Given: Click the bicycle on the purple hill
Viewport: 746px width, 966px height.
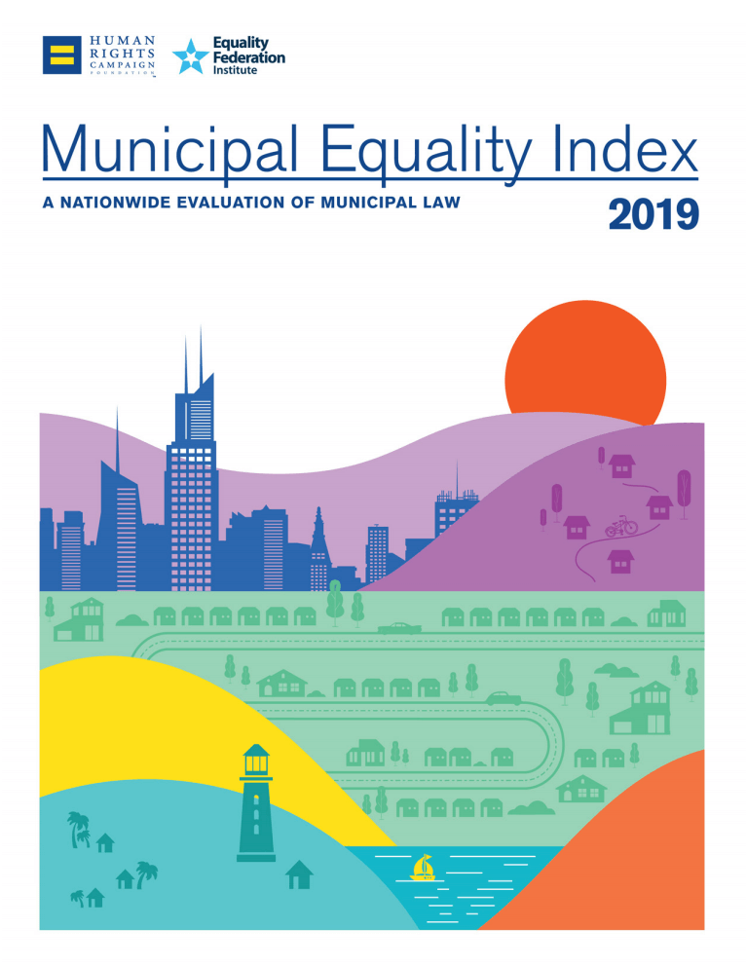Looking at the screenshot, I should [621, 526].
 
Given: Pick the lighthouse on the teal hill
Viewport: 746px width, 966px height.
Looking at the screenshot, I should [256, 803].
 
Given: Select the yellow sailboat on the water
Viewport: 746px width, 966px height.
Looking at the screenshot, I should [423, 867].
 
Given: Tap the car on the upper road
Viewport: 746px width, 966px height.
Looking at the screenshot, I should [398, 628].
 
